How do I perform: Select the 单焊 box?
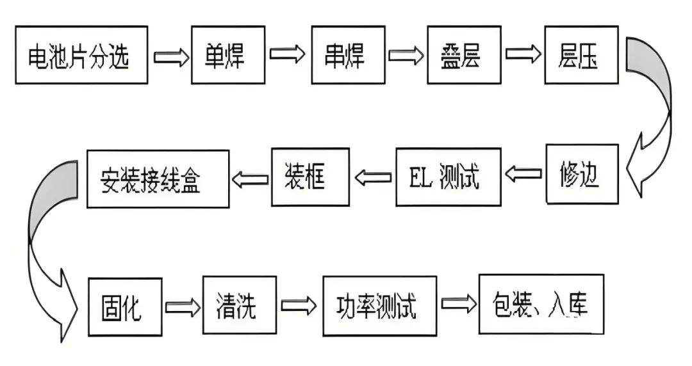[x=226, y=55]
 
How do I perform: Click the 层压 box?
[x=581, y=55]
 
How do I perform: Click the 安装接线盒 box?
[x=158, y=179]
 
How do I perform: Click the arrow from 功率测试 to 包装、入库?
[x=457, y=305]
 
